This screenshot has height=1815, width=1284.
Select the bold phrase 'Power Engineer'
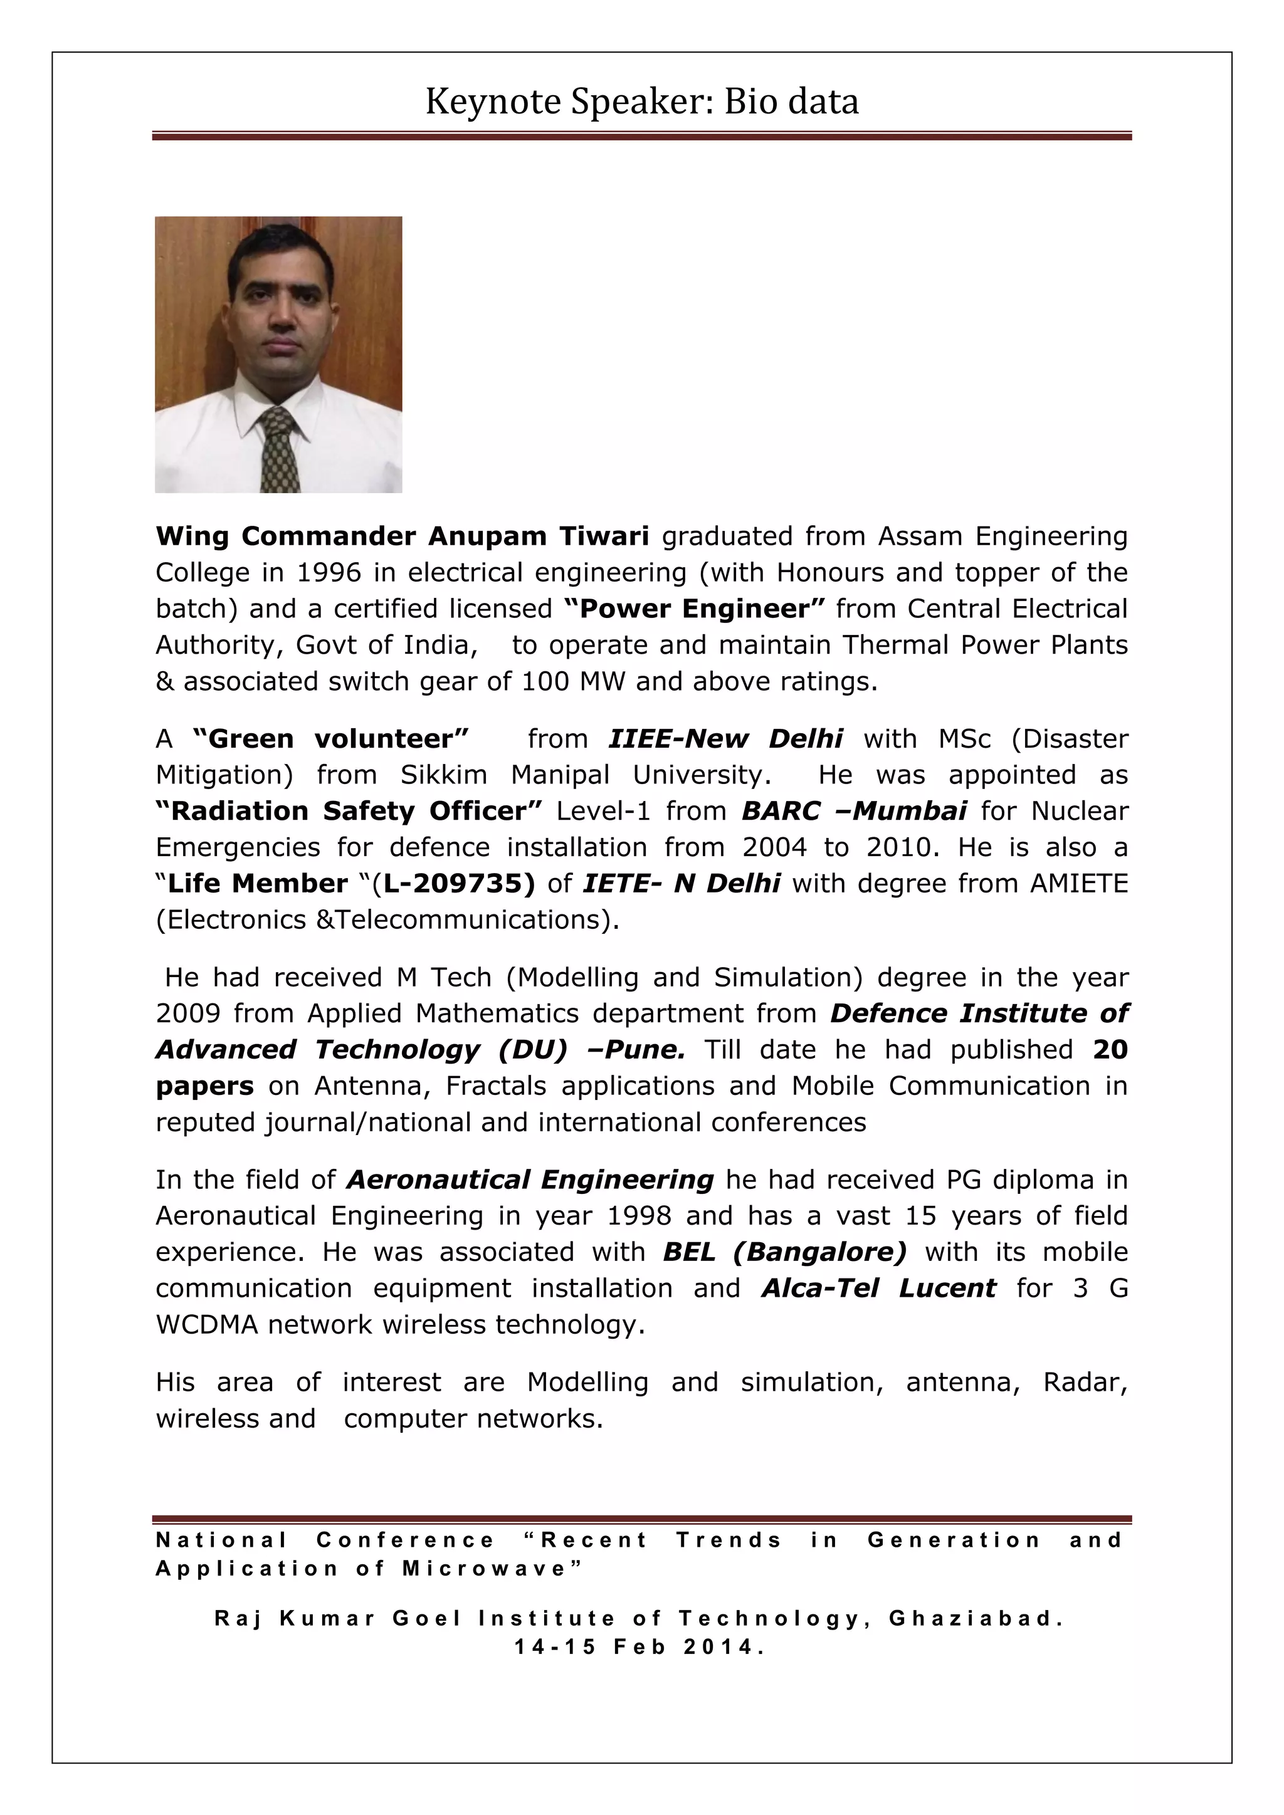695,609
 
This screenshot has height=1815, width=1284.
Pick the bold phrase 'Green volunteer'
331,738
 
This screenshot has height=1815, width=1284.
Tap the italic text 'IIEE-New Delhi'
724,738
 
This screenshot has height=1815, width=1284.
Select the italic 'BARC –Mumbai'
854,811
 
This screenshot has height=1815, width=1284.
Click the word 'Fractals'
496,1085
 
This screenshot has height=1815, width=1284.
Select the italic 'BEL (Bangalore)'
784,1252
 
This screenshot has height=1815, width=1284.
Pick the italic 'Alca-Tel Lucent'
878,1288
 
